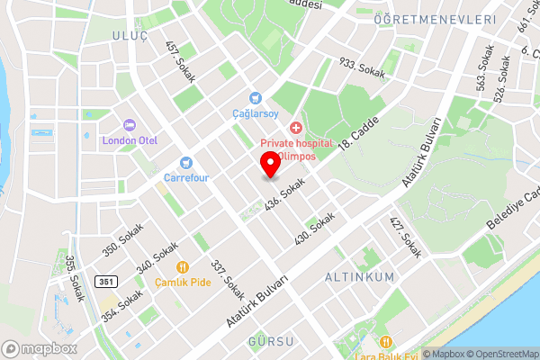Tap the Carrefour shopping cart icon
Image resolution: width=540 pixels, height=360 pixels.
[186, 163]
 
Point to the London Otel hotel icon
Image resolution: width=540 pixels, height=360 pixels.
[130, 125]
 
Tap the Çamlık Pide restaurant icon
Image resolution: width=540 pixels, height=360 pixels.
[182, 266]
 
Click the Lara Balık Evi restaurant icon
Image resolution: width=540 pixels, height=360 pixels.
[385, 341]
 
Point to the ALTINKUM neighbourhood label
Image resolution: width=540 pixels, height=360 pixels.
[359, 277]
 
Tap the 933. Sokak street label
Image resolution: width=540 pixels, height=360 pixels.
[361, 67]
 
